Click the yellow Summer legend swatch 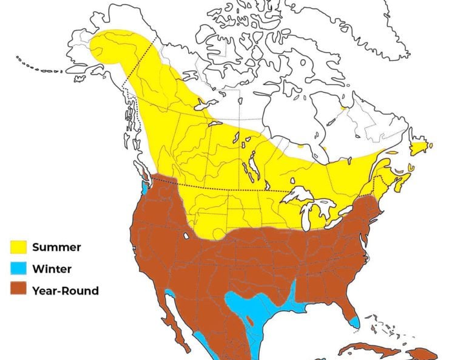20,247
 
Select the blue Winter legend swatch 20,268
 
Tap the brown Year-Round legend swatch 20,290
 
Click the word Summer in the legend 56,247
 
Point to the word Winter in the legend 52,268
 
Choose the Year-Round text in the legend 66,290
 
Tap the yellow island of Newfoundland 419,148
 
